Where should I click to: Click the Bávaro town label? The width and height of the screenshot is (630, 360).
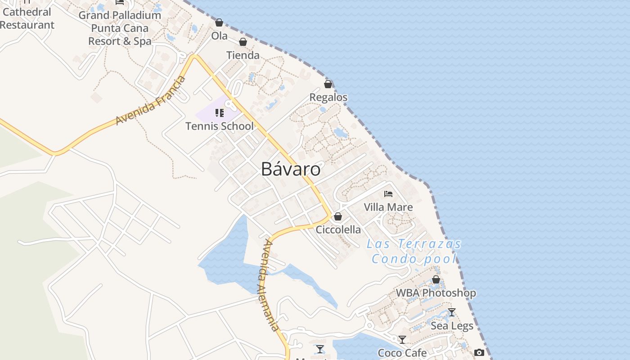tap(291, 169)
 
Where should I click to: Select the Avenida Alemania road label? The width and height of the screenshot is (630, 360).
tap(269, 285)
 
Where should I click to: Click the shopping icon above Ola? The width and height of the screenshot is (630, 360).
tap(219, 22)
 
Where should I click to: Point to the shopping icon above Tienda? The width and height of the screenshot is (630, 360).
tap(243, 42)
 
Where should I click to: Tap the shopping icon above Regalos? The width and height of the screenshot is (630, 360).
tap(328, 84)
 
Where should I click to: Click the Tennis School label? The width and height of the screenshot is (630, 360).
tap(220, 126)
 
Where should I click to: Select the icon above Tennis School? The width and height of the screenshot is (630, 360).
tap(220, 112)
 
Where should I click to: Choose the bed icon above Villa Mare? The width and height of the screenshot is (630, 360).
tap(388, 194)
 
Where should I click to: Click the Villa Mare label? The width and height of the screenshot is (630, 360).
tap(388, 207)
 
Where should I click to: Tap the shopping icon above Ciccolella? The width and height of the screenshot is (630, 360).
tap(338, 216)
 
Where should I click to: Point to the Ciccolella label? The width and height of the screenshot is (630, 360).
tap(338, 229)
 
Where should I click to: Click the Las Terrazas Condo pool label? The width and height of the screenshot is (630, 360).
tap(414, 251)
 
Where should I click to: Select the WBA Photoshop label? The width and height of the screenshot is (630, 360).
tap(436, 293)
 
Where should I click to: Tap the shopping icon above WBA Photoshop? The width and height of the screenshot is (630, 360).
tap(436, 280)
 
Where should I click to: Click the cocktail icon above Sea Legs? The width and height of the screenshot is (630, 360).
tap(452, 312)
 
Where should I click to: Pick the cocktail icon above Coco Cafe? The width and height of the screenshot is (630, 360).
tap(402, 340)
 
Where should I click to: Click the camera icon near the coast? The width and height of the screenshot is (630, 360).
tap(479, 352)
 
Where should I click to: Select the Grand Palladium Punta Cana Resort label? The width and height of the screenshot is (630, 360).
tap(120, 28)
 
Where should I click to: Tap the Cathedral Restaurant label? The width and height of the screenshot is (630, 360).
tap(27, 18)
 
